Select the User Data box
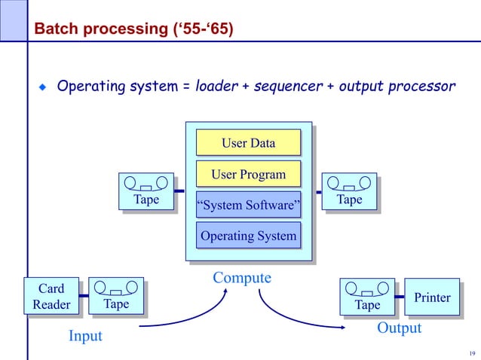[248, 142]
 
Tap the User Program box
[248, 175]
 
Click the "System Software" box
[248, 206]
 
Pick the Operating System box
[248, 236]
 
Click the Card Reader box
[51, 296]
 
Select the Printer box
[432, 297]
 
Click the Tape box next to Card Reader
[115, 295]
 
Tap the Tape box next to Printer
[367, 297]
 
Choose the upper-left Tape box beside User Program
[146, 191]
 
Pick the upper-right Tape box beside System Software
[349, 191]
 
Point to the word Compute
[241, 278]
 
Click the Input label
[85, 336]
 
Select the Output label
[399, 328]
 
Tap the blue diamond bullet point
[43, 87]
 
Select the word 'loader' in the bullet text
[216, 87]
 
